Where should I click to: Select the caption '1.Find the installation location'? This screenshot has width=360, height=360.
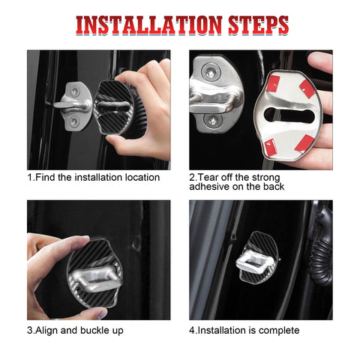[94, 177]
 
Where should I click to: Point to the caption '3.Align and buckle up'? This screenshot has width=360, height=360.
[76, 330]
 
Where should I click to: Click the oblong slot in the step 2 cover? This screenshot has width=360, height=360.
[289, 114]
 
